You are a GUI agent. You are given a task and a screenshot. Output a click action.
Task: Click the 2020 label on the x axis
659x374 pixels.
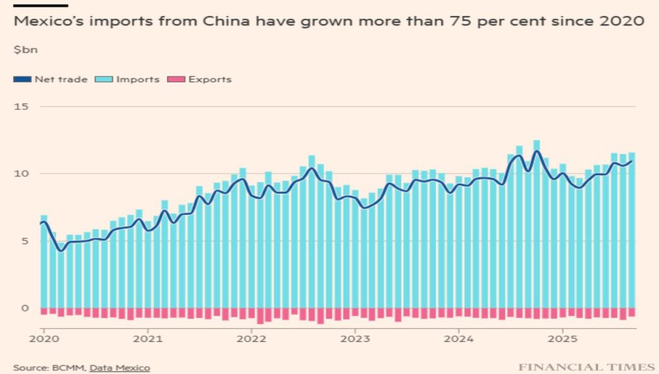(x=44, y=338)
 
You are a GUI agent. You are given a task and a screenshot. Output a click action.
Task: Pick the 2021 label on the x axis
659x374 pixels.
(x=147, y=338)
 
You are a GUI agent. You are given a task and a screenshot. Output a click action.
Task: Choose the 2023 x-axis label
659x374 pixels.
(x=355, y=338)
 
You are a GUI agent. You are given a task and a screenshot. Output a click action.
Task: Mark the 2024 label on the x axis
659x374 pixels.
(x=459, y=338)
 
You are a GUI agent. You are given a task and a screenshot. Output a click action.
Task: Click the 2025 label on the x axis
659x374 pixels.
(x=562, y=338)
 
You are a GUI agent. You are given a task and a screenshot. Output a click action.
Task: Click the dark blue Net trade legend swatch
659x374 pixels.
(x=21, y=80)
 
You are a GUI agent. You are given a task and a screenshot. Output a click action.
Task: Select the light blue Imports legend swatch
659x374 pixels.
(x=103, y=80)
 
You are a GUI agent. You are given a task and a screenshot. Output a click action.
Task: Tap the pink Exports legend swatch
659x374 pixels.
(x=176, y=80)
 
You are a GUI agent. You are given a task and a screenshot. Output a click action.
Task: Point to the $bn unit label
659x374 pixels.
(x=23, y=49)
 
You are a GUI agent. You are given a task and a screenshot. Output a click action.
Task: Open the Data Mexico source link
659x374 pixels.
(x=120, y=368)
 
